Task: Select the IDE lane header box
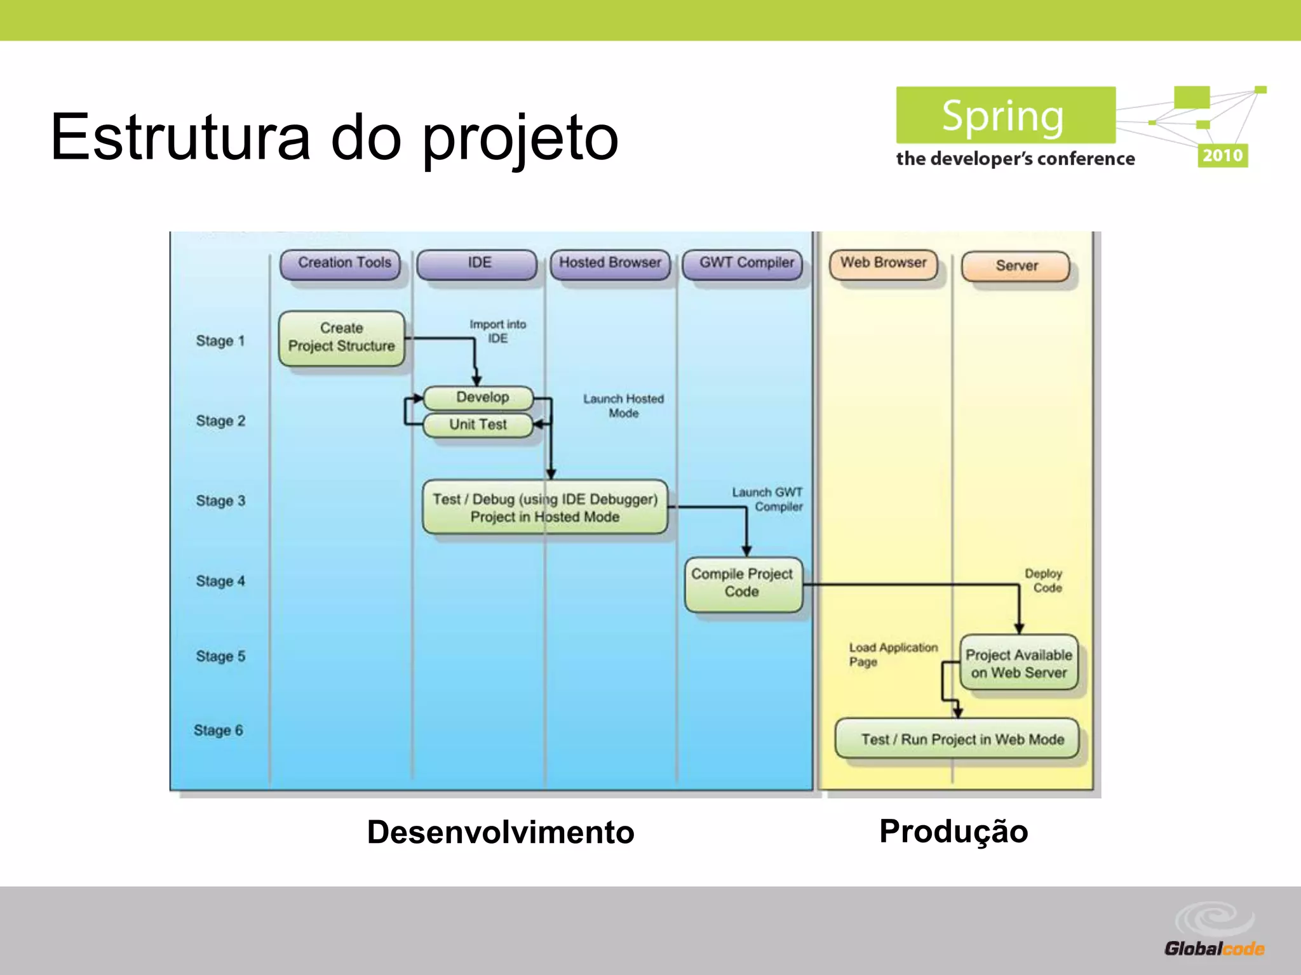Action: (x=478, y=263)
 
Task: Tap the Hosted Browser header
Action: (x=610, y=263)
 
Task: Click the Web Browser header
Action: (x=884, y=263)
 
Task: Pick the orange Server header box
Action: (x=1016, y=266)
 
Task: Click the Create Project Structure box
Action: (x=342, y=338)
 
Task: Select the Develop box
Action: (x=480, y=397)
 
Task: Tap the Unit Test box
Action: (x=478, y=425)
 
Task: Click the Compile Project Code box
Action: (x=743, y=583)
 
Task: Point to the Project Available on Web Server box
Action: (x=1019, y=663)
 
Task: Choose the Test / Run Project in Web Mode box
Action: (x=962, y=739)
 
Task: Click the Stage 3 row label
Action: (x=220, y=501)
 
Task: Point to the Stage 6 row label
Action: (x=219, y=731)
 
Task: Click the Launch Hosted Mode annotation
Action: (x=623, y=406)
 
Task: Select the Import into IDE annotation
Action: (x=497, y=331)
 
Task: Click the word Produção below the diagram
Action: (x=954, y=832)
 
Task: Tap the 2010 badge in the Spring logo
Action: (x=1222, y=156)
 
